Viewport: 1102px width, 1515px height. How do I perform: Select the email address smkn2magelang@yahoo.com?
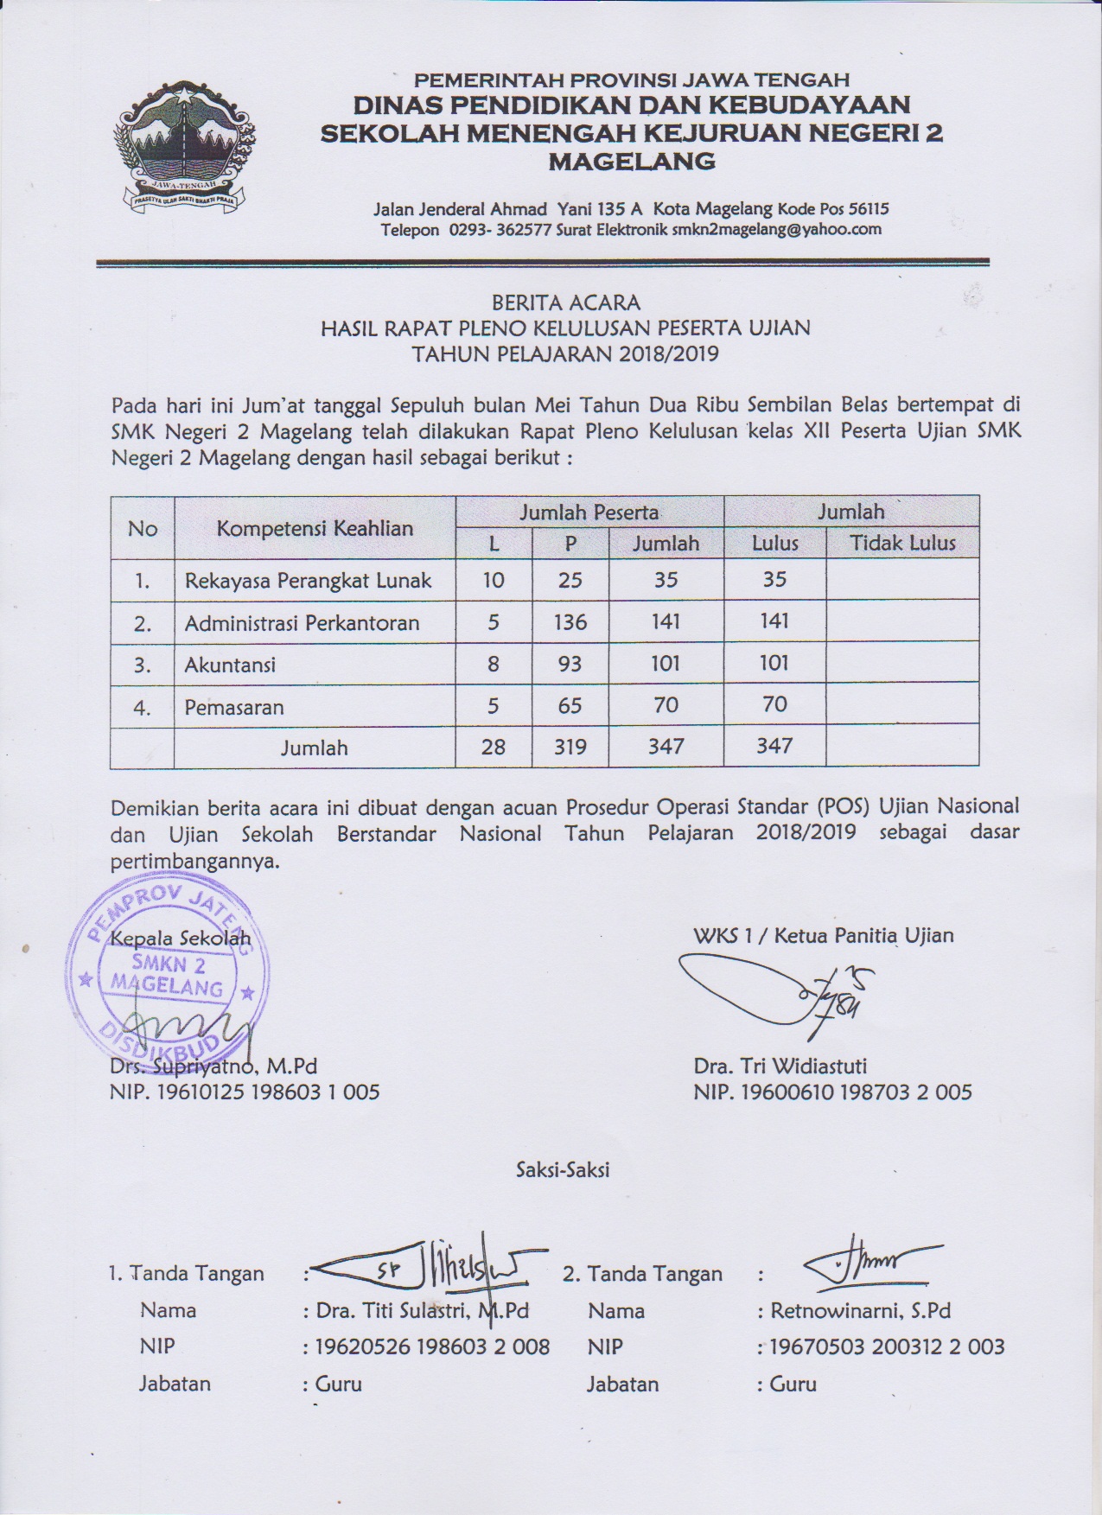point(777,229)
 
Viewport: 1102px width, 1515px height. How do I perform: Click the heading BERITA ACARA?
point(566,302)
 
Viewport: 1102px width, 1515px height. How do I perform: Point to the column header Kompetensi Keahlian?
point(315,528)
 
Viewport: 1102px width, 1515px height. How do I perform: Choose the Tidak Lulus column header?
point(902,544)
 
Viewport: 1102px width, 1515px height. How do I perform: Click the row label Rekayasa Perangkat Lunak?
point(308,581)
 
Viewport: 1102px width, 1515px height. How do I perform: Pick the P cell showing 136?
point(570,622)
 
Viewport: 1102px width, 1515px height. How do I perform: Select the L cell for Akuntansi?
point(493,665)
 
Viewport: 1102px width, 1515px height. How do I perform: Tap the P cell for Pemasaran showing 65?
point(570,706)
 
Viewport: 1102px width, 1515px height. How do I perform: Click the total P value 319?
point(570,747)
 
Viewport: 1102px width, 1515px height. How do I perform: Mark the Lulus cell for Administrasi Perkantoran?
point(774,622)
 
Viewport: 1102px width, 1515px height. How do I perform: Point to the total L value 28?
point(493,747)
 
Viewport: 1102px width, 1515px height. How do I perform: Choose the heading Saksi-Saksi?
point(563,1169)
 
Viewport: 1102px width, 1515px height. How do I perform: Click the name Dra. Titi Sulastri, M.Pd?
point(422,1311)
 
